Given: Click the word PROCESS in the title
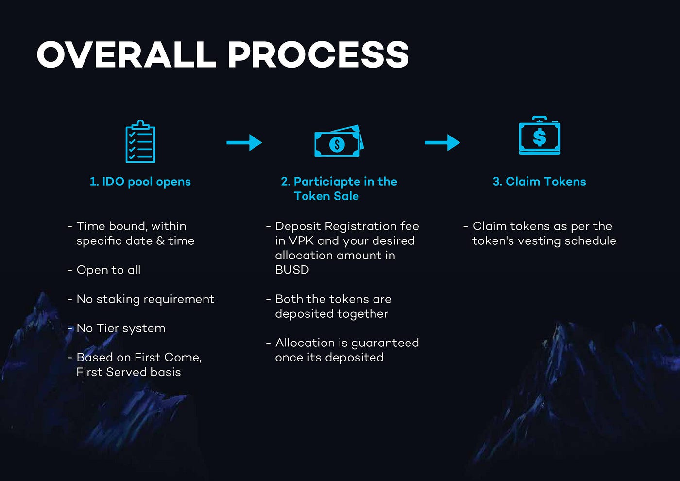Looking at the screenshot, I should [x=318, y=54].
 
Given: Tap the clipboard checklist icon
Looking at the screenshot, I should [x=140, y=141].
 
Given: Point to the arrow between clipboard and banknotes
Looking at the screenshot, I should [x=244, y=142].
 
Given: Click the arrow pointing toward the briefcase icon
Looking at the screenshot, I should [x=442, y=142].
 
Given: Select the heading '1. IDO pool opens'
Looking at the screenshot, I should [x=140, y=182].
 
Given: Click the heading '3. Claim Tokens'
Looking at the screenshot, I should [x=539, y=182].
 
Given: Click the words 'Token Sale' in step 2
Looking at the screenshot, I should [x=326, y=196].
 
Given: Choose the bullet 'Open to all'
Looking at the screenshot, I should [x=108, y=270].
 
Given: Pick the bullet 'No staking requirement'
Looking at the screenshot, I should [x=145, y=299].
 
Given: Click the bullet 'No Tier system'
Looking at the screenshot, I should [x=121, y=328].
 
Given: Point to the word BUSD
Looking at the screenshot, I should [x=292, y=270].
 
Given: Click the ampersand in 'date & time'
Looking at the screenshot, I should [x=160, y=241].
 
